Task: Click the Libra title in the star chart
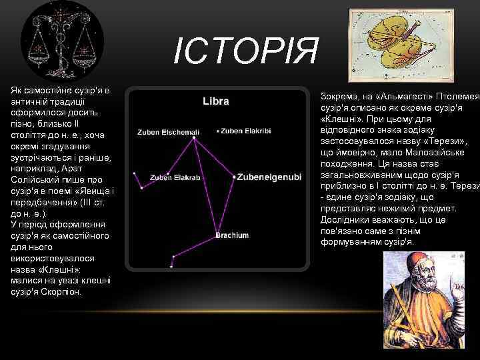[216, 101]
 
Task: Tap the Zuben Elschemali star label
[168, 132]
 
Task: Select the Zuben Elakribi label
[246, 131]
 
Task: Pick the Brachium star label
[232, 235]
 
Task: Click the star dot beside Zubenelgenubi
[233, 177]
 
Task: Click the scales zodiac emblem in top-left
[63, 43]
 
